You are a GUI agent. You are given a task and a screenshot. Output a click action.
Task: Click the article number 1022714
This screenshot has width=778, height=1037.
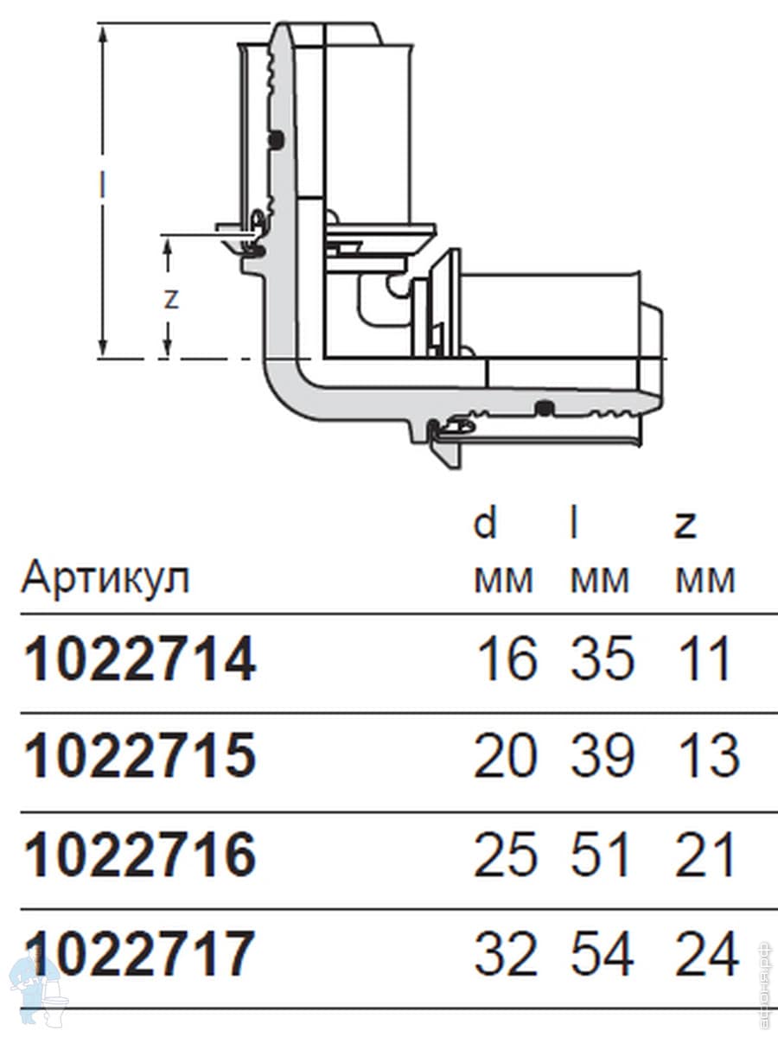coord(139,660)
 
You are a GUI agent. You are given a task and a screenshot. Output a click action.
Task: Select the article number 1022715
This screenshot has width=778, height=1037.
coord(139,757)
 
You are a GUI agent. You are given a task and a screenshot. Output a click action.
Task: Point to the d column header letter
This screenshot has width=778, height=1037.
coord(485,524)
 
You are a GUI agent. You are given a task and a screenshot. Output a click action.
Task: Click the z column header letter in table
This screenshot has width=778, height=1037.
coord(686,528)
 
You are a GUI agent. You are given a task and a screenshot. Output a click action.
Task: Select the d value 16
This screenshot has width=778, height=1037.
coord(507,659)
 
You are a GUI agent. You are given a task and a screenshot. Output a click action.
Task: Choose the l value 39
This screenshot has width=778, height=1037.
coord(602,757)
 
